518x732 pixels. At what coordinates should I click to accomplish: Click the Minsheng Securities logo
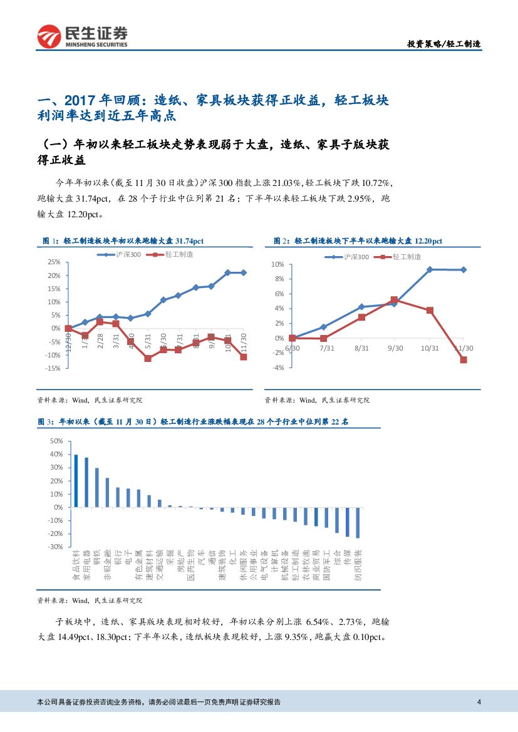[x=82, y=37]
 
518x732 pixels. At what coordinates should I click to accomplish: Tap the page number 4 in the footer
[x=479, y=702]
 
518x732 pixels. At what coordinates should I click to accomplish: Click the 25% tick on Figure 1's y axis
[x=53, y=262]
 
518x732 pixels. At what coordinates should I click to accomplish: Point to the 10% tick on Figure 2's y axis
[x=277, y=265]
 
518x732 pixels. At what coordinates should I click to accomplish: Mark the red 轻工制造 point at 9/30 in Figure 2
[x=394, y=300]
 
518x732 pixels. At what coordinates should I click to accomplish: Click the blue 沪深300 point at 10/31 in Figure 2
[x=430, y=269]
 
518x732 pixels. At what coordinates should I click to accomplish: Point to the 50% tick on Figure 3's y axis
[x=56, y=441]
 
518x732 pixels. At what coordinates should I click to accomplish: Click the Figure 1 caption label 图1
[x=49, y=240]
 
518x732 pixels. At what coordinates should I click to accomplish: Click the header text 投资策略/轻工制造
[x=444, y=44]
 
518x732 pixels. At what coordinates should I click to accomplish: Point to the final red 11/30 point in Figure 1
[x=244, y=357]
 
